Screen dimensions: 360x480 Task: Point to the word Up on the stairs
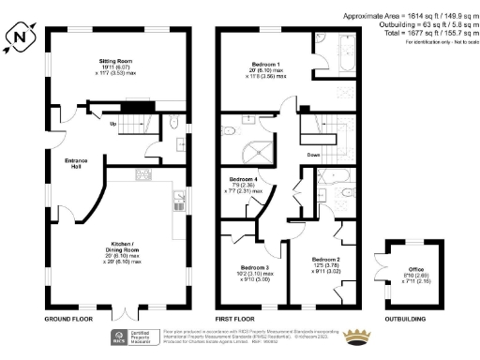coord(113,123)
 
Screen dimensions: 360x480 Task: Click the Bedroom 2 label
coord(325,258)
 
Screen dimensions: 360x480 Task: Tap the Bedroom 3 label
coord(250,266)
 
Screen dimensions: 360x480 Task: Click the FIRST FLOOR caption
coord(237,319)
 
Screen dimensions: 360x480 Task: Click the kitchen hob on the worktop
coord(144,173)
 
